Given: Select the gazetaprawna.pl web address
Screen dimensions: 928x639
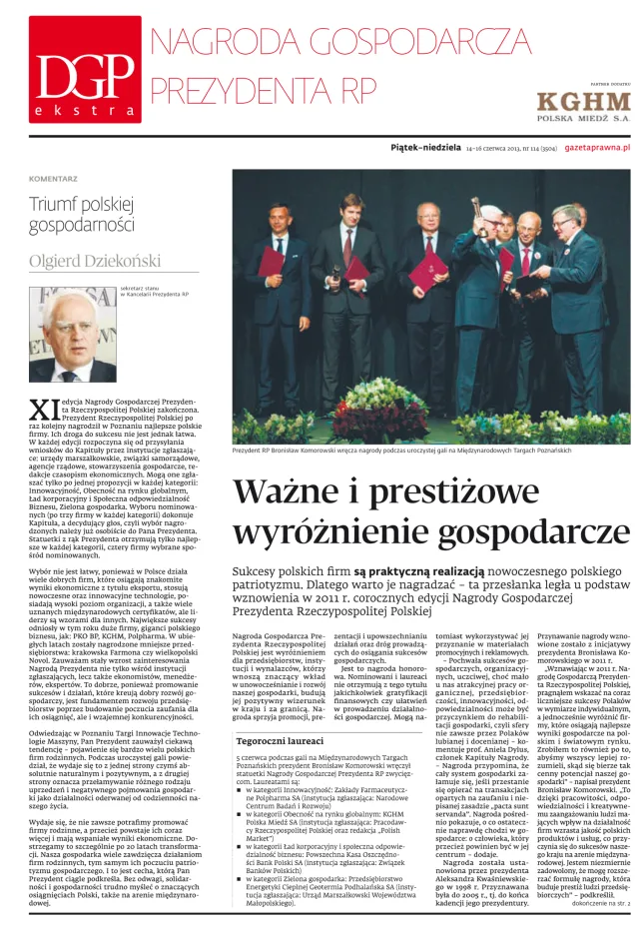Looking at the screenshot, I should [597, 146].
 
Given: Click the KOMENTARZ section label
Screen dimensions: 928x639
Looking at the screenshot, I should [54, 179].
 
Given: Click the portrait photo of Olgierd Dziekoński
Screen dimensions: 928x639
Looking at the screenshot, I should [73, 336].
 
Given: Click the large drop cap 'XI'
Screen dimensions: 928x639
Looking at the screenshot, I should [42, 409].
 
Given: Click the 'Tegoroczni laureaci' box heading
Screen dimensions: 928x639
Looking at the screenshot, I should [280, 741].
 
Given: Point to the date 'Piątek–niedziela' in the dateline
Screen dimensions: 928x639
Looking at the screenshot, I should [424, 146].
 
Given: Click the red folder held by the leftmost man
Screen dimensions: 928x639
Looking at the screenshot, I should [272, 261].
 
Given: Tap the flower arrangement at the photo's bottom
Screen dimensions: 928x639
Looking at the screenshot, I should [372, 410].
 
